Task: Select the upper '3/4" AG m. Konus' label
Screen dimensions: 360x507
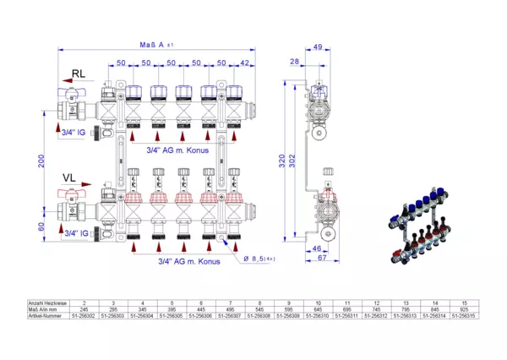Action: pyautogui.click(x=175, y=150)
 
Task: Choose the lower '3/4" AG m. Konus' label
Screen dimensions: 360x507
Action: pyautogui.click(x=189, y=262)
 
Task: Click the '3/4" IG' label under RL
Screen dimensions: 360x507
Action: pyautogui.click(x=74, y=134)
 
